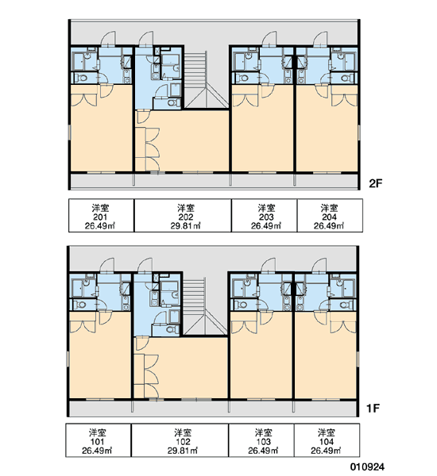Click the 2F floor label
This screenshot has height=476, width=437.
(375, 183)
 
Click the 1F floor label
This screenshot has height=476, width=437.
(373, 409)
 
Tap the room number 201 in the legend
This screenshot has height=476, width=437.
(100, 217)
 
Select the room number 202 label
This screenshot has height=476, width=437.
(185, 217)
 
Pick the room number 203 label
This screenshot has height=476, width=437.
(266, 217)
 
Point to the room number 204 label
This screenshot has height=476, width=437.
(329, 217)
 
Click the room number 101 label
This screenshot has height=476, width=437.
(97, 442)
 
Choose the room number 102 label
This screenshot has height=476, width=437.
(183, 442)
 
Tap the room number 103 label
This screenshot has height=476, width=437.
(263, 442)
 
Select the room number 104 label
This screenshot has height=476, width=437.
(327, 442)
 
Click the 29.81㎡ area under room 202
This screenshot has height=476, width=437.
(185, 226)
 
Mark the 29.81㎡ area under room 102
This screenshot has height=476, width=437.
(183, 451)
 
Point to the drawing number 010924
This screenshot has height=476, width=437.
(367, 466)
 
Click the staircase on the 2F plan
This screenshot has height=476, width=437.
(207, 80)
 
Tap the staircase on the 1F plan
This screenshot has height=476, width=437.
(206, 306)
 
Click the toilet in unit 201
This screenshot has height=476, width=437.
(81, 78)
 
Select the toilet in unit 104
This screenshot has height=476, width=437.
(345, 305)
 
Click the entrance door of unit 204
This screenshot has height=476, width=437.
(321, 39)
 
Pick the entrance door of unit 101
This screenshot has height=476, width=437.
(107, 266)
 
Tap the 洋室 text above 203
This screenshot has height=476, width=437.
(266, 208)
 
